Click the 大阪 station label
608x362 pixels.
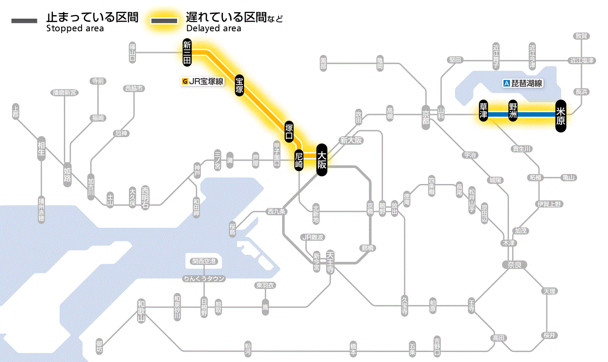click(321, 160)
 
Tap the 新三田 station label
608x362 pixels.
click(187, 53)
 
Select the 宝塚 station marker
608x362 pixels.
click(239, 85)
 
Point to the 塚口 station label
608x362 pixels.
click(289, 132)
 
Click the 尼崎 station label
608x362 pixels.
click(299, 160)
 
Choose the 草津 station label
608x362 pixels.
click(483, 112)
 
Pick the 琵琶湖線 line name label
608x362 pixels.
click(523, 84)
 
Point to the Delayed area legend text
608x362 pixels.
click(214, 29)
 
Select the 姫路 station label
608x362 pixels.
click(67, 175)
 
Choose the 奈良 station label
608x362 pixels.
click(514, 265)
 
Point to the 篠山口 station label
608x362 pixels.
click(132, 53)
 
